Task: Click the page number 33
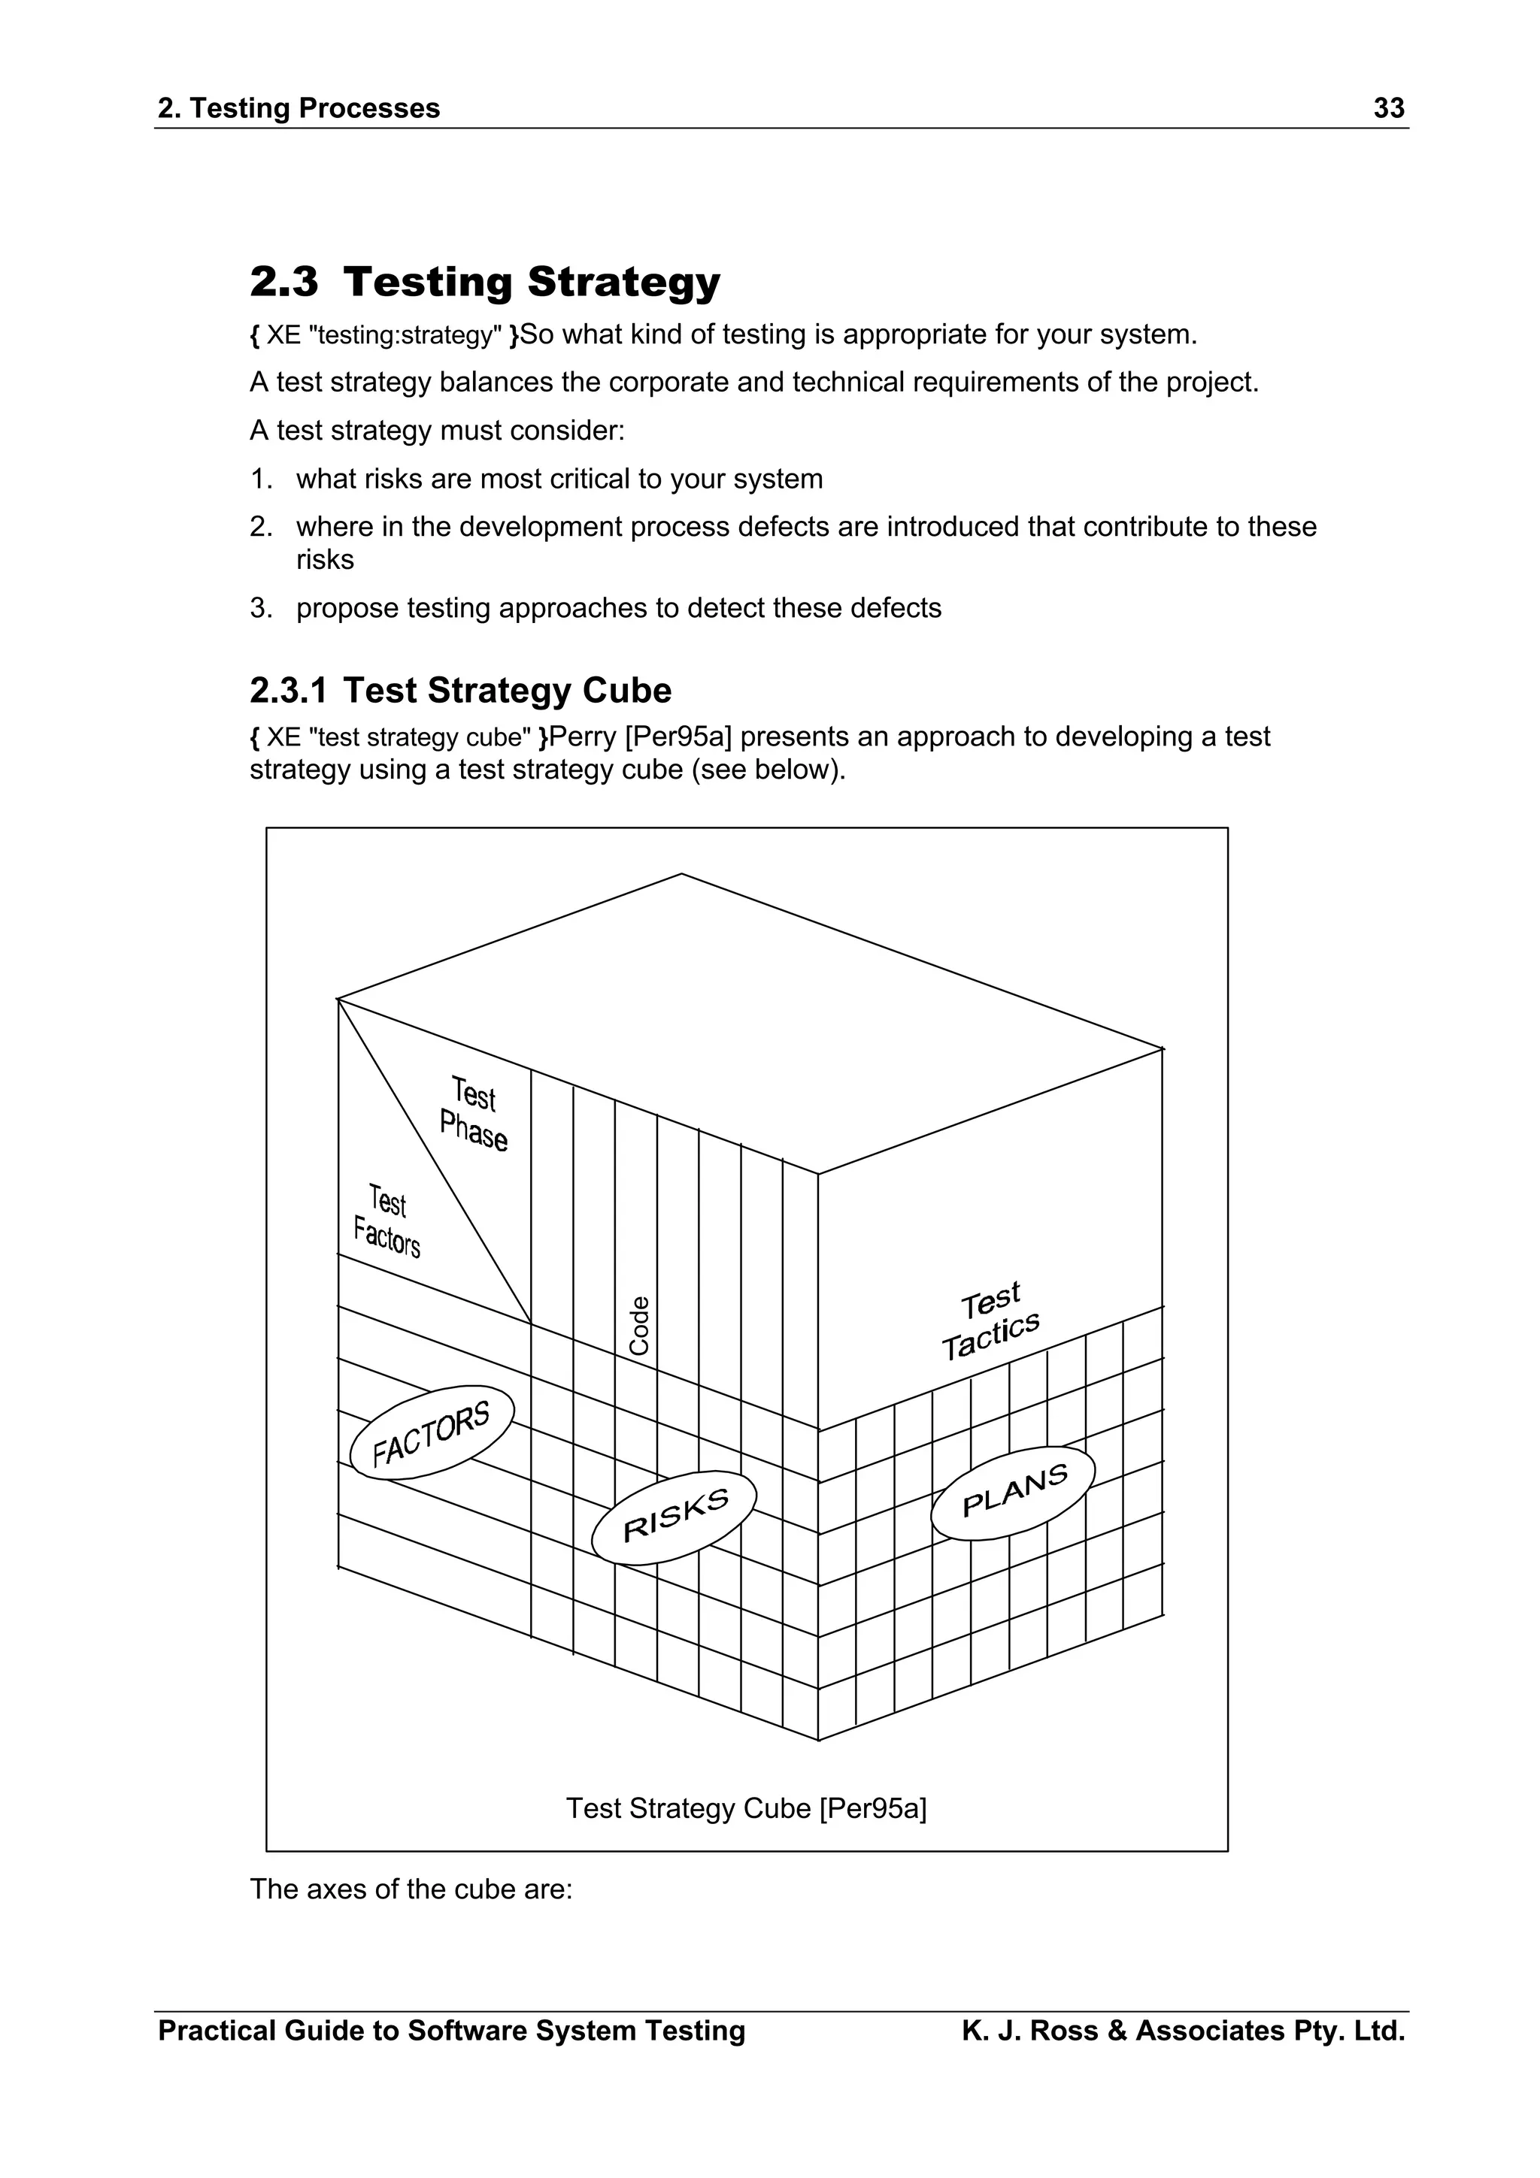[1388, 108]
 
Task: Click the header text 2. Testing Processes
[299, 108]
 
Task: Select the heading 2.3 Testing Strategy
[485, 282]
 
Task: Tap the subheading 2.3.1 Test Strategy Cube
[460, 691]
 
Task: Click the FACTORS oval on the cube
[432, 1432]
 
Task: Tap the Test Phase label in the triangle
[474, 1114]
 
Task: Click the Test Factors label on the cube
[387, 1221]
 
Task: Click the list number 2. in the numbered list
[261, 527]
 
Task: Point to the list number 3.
[261, 608]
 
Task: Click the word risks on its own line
[325, 560]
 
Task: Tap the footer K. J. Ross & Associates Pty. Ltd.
[1182, 2031]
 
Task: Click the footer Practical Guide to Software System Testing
[452, 2031]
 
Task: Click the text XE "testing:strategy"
[384, 335]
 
